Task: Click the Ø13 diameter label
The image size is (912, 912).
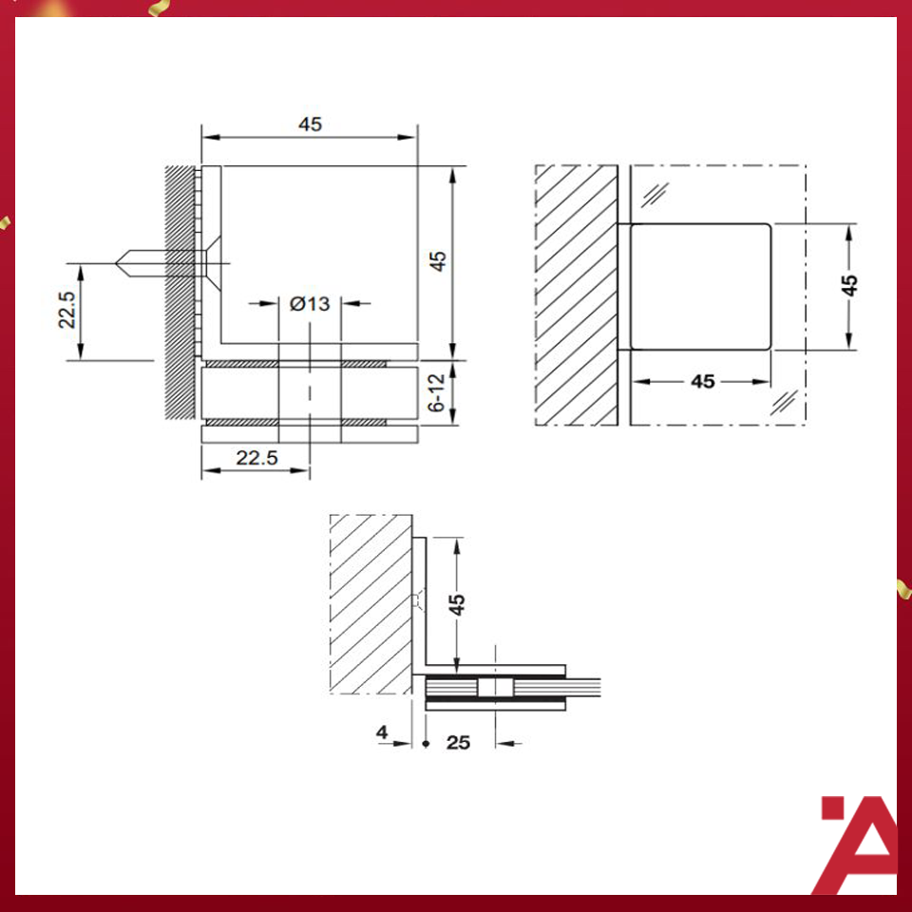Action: click(x=310, y=304)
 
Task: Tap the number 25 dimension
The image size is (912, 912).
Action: click(x=458, y=742)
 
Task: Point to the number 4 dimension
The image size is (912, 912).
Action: click(x=382, y=732)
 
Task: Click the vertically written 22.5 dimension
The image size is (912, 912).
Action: click(x=66, y=311)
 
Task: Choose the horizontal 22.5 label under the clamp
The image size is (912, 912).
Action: click(x=256, y=458)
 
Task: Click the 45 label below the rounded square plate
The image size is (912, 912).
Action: click(x=702, y=381)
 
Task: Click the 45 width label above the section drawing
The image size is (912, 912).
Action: click(x=310, y=123)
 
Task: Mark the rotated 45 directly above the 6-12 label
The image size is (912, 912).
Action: click(x=437, y=261)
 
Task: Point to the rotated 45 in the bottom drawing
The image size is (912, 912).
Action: click(x=457, y=604)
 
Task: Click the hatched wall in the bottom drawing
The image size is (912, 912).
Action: click(x=370, y=603)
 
